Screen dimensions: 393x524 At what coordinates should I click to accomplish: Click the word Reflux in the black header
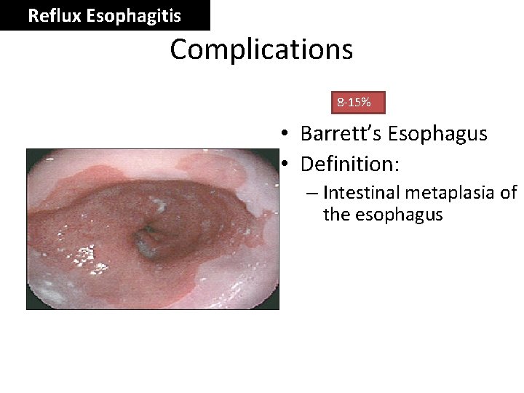[54, 15]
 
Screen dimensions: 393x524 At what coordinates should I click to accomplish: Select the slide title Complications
[261, 49]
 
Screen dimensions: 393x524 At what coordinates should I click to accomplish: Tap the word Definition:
[350, 164]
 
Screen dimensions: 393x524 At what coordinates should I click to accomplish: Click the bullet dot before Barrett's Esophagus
[287, 134]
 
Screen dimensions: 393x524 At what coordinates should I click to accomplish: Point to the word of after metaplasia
[509, 193]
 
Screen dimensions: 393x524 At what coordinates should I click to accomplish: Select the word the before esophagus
[336, 215]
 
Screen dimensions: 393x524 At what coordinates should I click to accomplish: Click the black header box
[105, 15]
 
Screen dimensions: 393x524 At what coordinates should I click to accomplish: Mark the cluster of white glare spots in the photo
[87, 254]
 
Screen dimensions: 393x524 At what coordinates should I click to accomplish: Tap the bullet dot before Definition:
[287, 164]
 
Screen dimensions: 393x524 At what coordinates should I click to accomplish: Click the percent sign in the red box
[367, 103]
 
